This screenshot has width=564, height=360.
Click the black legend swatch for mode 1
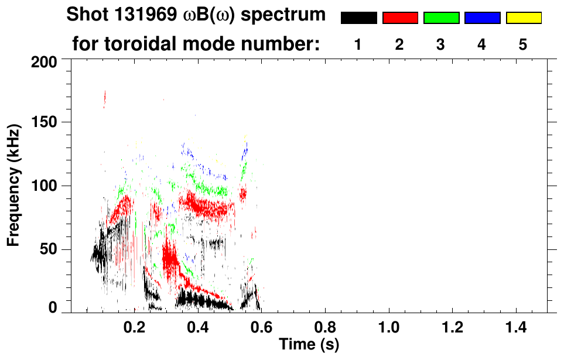pyautogui.click(x=358, y=18)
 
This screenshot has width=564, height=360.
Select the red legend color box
pyautogui.click(x=400, y=18)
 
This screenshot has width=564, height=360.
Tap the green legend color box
pyautogui.click(x=441, y=18)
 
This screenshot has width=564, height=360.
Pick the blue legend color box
pyautogui.click(x=482, y=18)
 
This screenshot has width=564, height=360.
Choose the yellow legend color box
pyautogui.click(x=524, y=18)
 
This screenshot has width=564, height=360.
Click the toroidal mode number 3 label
pyautogui.click(x=440, y=45)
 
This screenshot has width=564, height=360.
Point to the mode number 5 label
pyautogui.click(x=523, y=45)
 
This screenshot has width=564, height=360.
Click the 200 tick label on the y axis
pyautogui.click(x=45, y=61)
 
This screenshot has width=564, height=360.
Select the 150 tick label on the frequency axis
pyautogui.click(x=45, y=122)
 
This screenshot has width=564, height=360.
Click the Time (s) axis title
pyautogui.click(x=309, y=344)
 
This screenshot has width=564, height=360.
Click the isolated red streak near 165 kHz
pyautogui.click(x=105, y=98)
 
